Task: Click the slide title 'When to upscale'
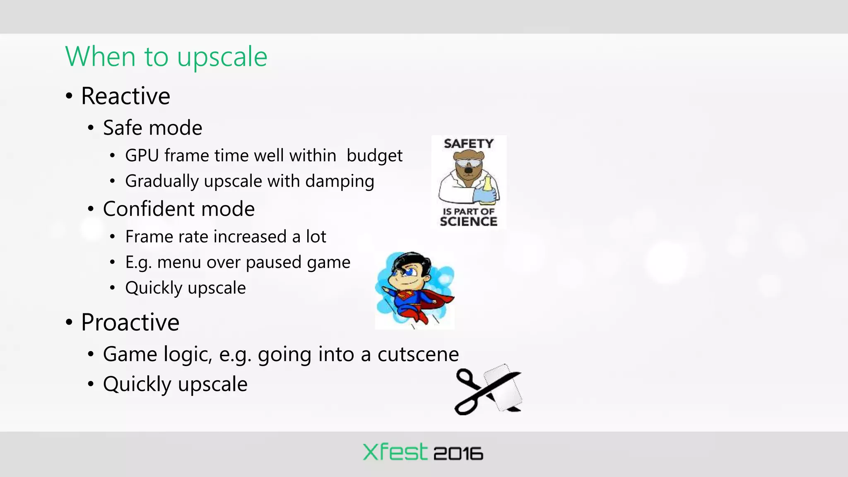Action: click(166, 57)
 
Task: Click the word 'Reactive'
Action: click(125, 96)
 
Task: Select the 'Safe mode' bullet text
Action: click(152, 128)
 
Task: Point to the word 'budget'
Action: click(374, 156)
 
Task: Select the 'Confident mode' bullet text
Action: click(178, 209)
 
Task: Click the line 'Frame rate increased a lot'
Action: click(226, 237)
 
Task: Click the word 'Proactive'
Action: click(130, 322)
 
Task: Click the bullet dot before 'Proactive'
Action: click(69, 323)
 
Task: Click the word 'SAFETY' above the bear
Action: click(469, 144)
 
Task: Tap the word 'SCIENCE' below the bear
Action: click(468, 222)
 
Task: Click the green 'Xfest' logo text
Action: click(395, 452)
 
